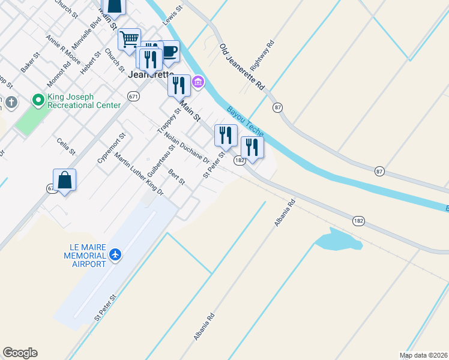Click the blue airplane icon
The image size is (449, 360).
click(x=115, y=254)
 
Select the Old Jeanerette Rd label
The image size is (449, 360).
click(x=242, y=67)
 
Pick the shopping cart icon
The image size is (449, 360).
click(x=129, y=40)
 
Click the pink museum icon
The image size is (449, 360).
click(x=198, y=82)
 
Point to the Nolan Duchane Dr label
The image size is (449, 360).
click(x=186, y=149)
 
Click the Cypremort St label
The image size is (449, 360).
click(x=112, y=148)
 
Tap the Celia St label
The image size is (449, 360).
click(x=66, y=146)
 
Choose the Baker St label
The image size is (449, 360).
click(x=29, y=62)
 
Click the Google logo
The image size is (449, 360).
click(x=20, y=353)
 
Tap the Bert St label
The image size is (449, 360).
click(x=177, y=177)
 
